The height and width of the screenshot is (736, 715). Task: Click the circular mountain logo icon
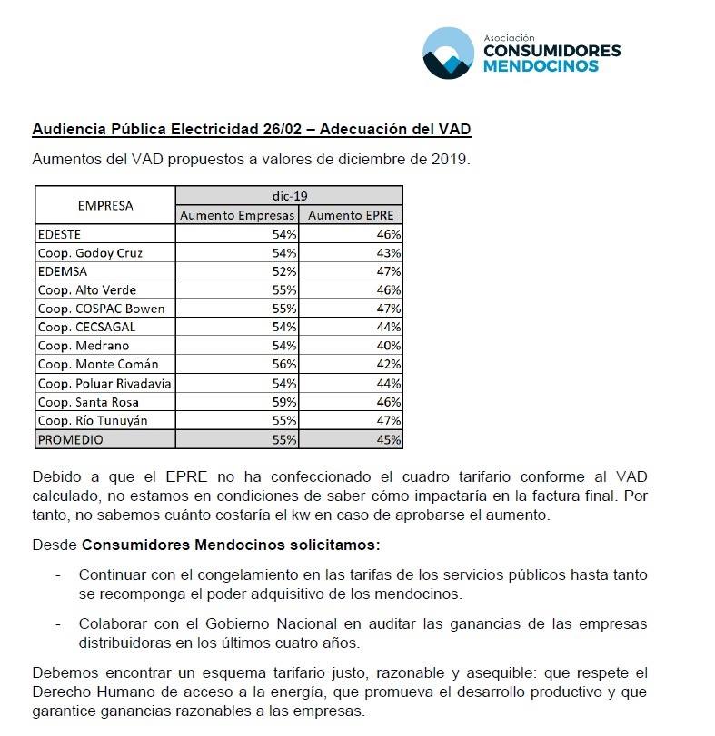tap(448, 53)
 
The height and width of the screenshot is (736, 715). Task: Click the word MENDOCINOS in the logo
tap(541, 66)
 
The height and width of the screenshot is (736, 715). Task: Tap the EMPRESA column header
tap(104, 206)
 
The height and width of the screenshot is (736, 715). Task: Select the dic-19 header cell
tap(289, 196)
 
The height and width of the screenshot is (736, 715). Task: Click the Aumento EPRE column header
tap(351, 216)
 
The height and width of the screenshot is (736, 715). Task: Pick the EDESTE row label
tap(59, 234)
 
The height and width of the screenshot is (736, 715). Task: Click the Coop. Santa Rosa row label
tap(88, 402)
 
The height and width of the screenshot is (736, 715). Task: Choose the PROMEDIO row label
tap(71, 439)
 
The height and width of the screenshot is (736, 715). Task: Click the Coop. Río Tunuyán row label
tap(92, 421)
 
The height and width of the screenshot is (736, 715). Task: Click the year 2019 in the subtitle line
tap(450, 159)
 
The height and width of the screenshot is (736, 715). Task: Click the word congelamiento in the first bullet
tap(218, 575)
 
